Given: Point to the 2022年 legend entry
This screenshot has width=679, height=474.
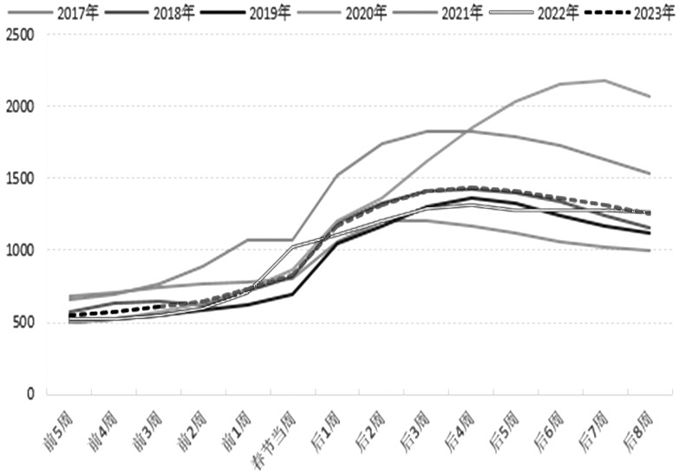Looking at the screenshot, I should pyautogui.click(x=563, y=12).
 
